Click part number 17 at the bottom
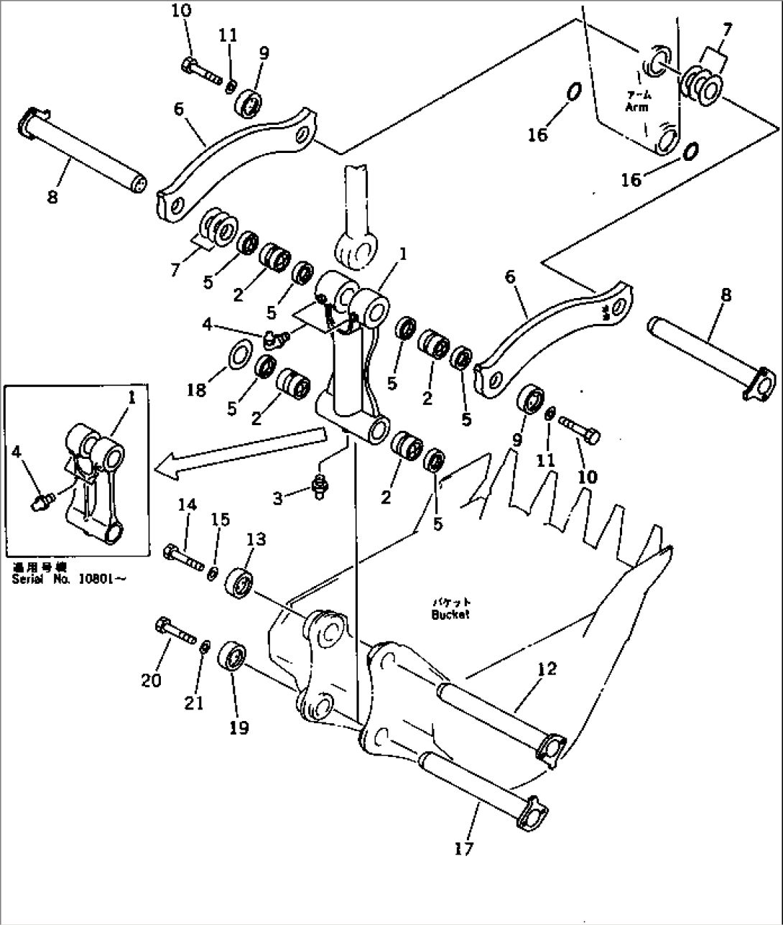click(464, 849)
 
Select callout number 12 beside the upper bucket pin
click(547, 669)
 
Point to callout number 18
click(196, 389)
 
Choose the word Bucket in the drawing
click(450, 615)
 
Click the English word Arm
click(636, 108)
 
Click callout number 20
click(151, 679)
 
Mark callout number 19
click(239, 728)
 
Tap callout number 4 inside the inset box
click(17, 452)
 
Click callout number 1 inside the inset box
click(131, 396)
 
